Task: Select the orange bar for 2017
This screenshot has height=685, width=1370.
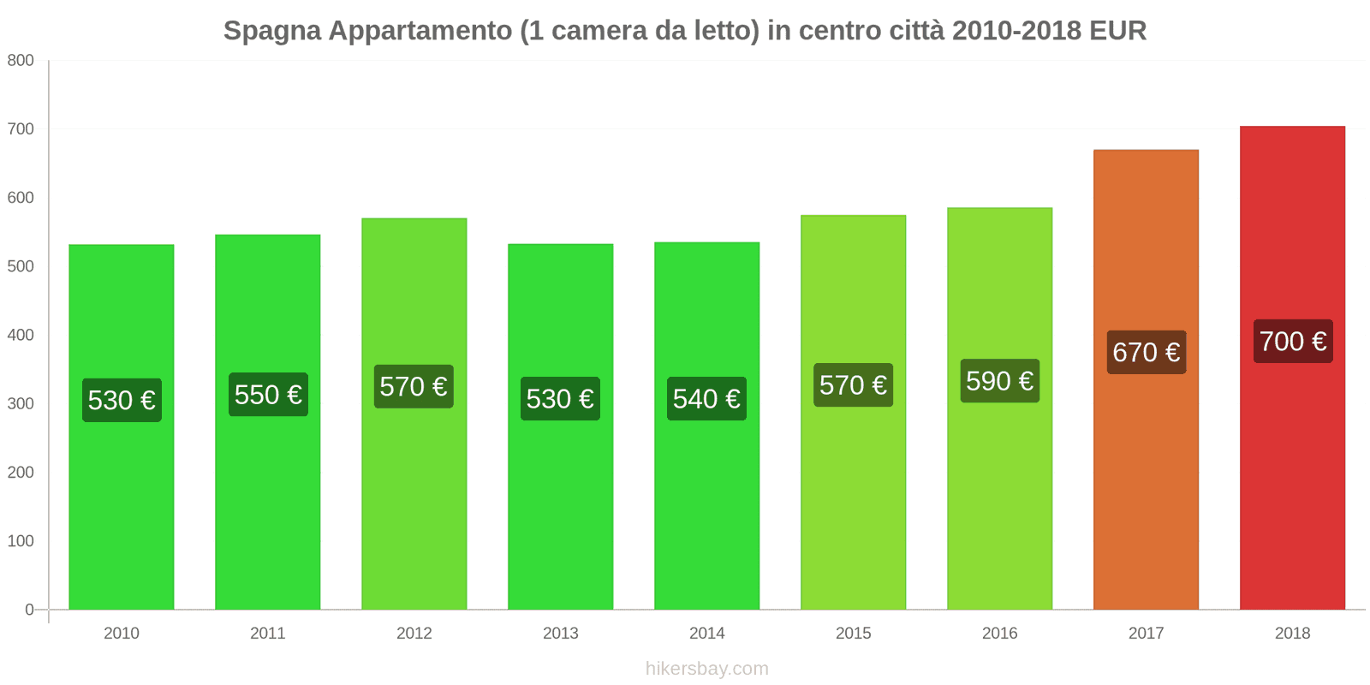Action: click(1146, 479)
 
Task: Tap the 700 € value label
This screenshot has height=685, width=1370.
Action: click(1293, 342)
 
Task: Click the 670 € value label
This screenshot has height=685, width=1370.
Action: click(1147, 352)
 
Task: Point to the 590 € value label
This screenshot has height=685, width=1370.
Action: click(999, 381)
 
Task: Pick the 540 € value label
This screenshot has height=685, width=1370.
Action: click(706, 399)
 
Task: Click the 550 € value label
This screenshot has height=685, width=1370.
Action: click(268, 395)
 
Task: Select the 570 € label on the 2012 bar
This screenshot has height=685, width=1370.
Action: click(414, 387)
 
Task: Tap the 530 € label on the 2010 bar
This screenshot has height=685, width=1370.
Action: click(122, 400)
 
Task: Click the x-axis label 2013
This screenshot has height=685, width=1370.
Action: click(560, 634)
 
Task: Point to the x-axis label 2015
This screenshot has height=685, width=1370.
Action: click(853, 634)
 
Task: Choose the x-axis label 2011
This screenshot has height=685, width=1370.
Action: click(267, 634)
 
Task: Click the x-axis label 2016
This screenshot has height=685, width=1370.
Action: click(999, 634)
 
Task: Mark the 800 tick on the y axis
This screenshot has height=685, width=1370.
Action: click(21, 60)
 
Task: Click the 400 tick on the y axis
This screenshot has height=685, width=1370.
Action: click(21, 335)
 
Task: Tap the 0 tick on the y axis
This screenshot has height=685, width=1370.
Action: click(29, 610)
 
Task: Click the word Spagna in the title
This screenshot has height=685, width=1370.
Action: click(272, 31)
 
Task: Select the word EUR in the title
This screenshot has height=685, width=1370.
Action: click(1117, 31)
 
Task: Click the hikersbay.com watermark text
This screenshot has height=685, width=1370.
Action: click(707, 669)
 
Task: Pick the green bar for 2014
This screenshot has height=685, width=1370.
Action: click(706, 514)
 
